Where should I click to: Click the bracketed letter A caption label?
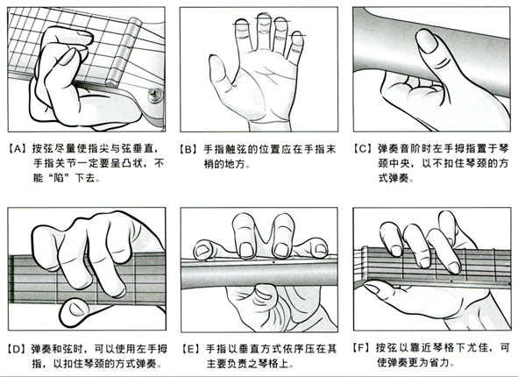(18, 149)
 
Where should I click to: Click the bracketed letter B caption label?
(188, 150)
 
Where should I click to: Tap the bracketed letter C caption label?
(363, 149)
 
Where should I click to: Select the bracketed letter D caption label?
(17, 349)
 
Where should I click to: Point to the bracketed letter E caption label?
(190, 349)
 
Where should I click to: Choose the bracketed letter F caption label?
(363, 348)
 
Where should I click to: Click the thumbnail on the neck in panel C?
(427, 40)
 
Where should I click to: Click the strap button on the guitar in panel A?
(154, 96)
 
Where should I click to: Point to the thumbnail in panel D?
(76, 309)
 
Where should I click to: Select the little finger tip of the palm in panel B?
(298, 39)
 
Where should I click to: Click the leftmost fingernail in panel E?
(202, 252)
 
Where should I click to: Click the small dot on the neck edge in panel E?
(273, 262)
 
